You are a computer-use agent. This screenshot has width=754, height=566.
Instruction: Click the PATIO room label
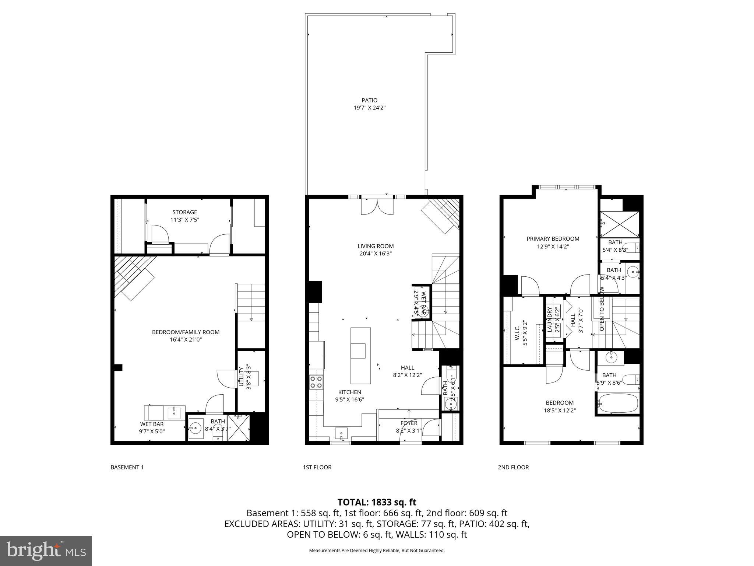(369, 100)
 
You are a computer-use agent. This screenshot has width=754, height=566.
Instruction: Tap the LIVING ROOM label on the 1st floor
(376, 246)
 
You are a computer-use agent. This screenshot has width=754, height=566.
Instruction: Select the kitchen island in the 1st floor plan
(360, 356)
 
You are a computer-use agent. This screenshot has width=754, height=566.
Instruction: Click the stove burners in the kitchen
(316, 382)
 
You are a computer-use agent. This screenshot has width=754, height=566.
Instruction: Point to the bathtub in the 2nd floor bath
(618, 403)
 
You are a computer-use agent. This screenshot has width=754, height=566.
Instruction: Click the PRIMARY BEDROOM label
(553, 239)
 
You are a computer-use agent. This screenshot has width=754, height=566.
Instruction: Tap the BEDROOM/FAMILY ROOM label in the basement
(186, 332)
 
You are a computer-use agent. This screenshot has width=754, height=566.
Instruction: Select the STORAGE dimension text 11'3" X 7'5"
(185, 220)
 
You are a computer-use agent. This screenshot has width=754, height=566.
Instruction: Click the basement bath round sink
(195, 428)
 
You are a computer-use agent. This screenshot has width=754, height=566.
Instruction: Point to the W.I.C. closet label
(517, 332)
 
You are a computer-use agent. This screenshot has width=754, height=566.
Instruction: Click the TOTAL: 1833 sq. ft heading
(377, 502)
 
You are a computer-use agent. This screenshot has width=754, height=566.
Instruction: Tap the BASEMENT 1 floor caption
(127, 467)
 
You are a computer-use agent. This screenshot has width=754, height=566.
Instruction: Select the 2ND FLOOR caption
(513, 467)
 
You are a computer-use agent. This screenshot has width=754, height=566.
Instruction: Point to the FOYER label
(409, 423)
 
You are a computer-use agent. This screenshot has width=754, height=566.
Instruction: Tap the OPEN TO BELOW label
(602, 309)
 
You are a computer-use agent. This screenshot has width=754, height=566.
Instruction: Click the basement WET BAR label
(152, 424)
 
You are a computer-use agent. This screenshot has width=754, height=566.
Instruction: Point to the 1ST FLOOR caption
(317, 467)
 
